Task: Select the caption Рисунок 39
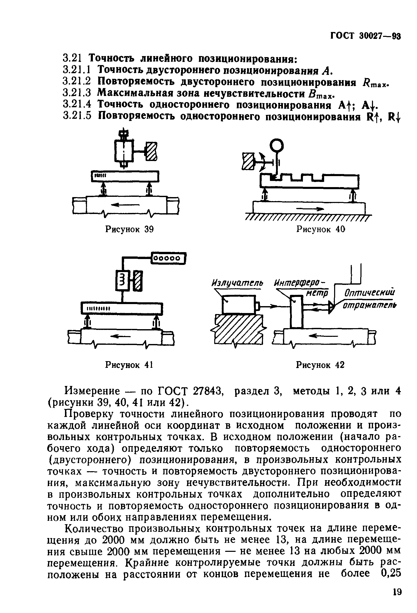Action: [129, 229]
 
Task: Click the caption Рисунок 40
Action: [321, 229]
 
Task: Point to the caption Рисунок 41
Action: [129, 365]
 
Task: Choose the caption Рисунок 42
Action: [320, 365]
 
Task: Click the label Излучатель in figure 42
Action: [237, 284]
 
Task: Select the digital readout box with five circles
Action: [168, 258]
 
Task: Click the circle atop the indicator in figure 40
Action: [277, 145]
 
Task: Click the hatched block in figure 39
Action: [151, 151]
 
